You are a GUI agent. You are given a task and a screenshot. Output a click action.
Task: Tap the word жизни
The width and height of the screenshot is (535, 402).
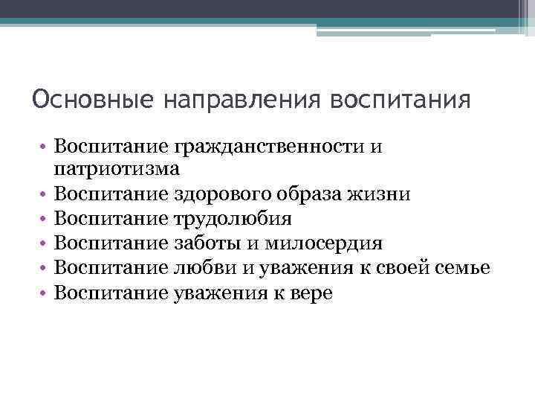pos(382,195)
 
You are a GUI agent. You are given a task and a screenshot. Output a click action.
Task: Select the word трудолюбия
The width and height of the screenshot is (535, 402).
pos(232,220)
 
